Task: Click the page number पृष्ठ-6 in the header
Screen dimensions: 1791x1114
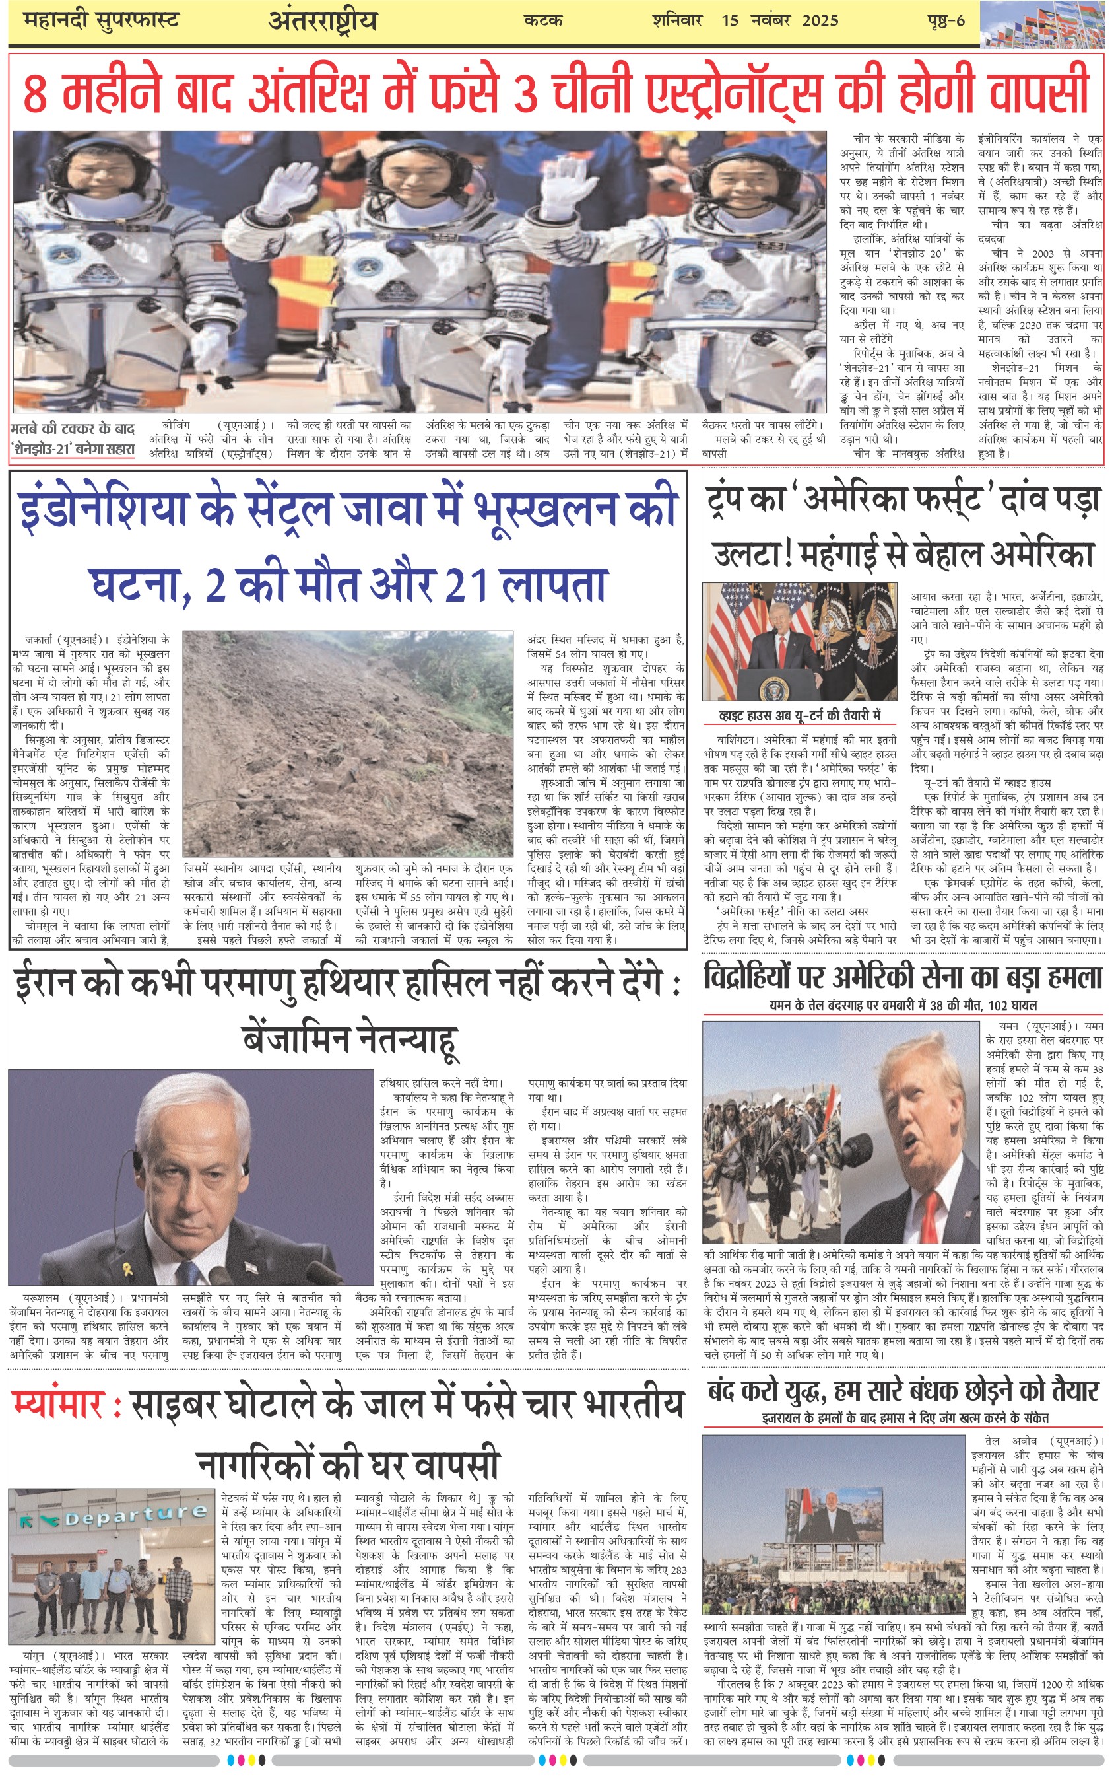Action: [945, 20]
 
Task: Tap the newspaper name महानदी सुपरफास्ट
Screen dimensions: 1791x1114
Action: [101, 20]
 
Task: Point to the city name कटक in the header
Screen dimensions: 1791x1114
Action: [543, 20]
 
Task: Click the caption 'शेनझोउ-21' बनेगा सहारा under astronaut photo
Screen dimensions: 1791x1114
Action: [73, 448]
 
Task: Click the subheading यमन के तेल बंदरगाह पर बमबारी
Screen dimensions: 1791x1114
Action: [903, 1004]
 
